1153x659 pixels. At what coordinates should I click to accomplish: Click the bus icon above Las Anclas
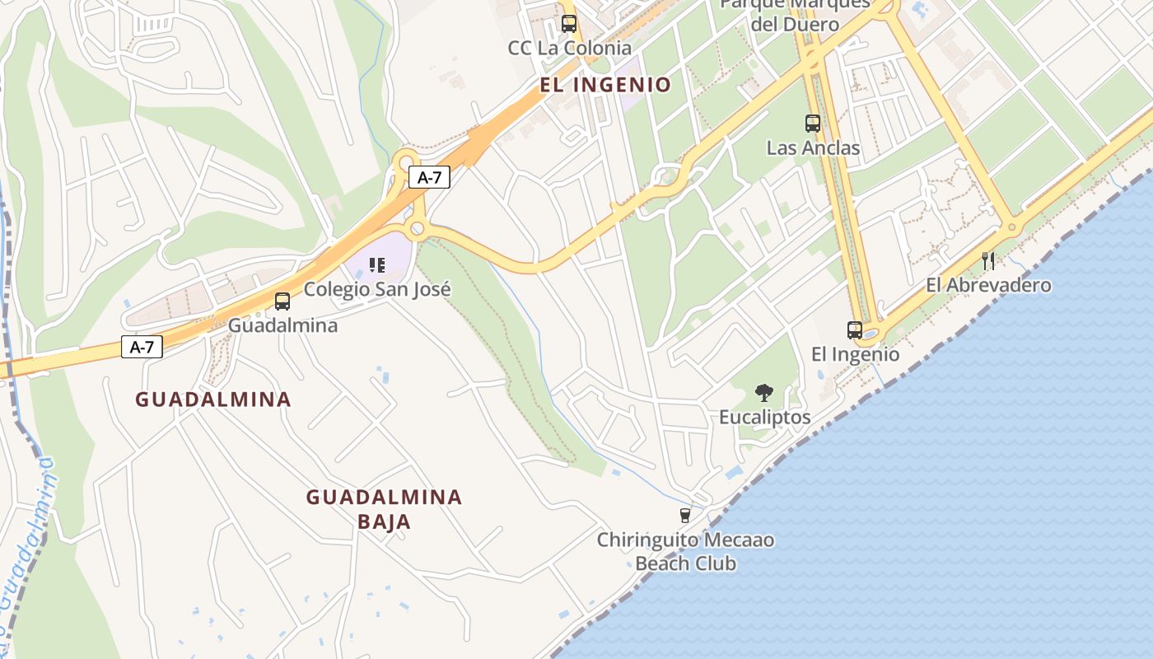pos(813,124)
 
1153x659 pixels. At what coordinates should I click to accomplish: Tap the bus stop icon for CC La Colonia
pos(569,24)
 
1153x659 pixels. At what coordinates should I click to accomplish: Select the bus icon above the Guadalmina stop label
pos(282,301)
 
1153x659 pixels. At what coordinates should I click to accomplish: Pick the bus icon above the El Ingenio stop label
pos(855,330)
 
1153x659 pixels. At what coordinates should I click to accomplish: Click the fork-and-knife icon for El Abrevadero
pos(988,261)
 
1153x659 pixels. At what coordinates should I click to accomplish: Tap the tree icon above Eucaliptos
pos(764,393)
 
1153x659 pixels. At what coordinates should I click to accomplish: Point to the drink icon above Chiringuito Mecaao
pos(684,516)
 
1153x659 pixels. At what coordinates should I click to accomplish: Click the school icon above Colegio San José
pos(377,265)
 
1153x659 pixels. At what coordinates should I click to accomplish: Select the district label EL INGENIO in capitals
pos(605,85)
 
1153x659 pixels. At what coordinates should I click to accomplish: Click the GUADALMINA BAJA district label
pos(384,509)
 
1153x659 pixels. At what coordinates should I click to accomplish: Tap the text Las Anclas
pos(813,148)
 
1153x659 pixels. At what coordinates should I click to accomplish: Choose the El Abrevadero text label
pos(988,285)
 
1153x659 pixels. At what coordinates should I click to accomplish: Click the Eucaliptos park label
pos(764,418)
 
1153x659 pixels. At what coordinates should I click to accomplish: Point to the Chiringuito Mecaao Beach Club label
pos(685,552)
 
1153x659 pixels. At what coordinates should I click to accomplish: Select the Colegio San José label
pos(377,290)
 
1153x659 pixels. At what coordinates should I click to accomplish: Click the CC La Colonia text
pos(569,49)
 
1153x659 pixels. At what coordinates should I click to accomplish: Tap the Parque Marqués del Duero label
pos(795,14)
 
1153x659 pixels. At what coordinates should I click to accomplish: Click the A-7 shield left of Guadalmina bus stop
pos(142,347)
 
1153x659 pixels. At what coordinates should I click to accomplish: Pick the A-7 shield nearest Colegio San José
pos(429,177)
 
